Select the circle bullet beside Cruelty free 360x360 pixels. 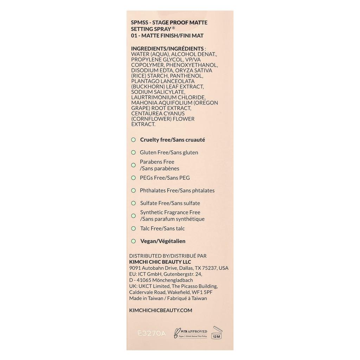[133, 140]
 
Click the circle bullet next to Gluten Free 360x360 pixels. [133, 152]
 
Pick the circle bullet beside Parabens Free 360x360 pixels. [133, 165]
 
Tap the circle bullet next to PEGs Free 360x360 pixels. [133, 178]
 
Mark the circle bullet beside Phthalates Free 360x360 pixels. [133, 190]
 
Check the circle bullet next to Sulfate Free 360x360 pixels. [133, 203]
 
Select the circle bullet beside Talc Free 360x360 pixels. [133, 229]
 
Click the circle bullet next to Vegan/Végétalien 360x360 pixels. [133, 241]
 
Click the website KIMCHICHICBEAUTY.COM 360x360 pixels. [161, 310]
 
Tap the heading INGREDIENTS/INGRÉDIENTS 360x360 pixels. [167, 49]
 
